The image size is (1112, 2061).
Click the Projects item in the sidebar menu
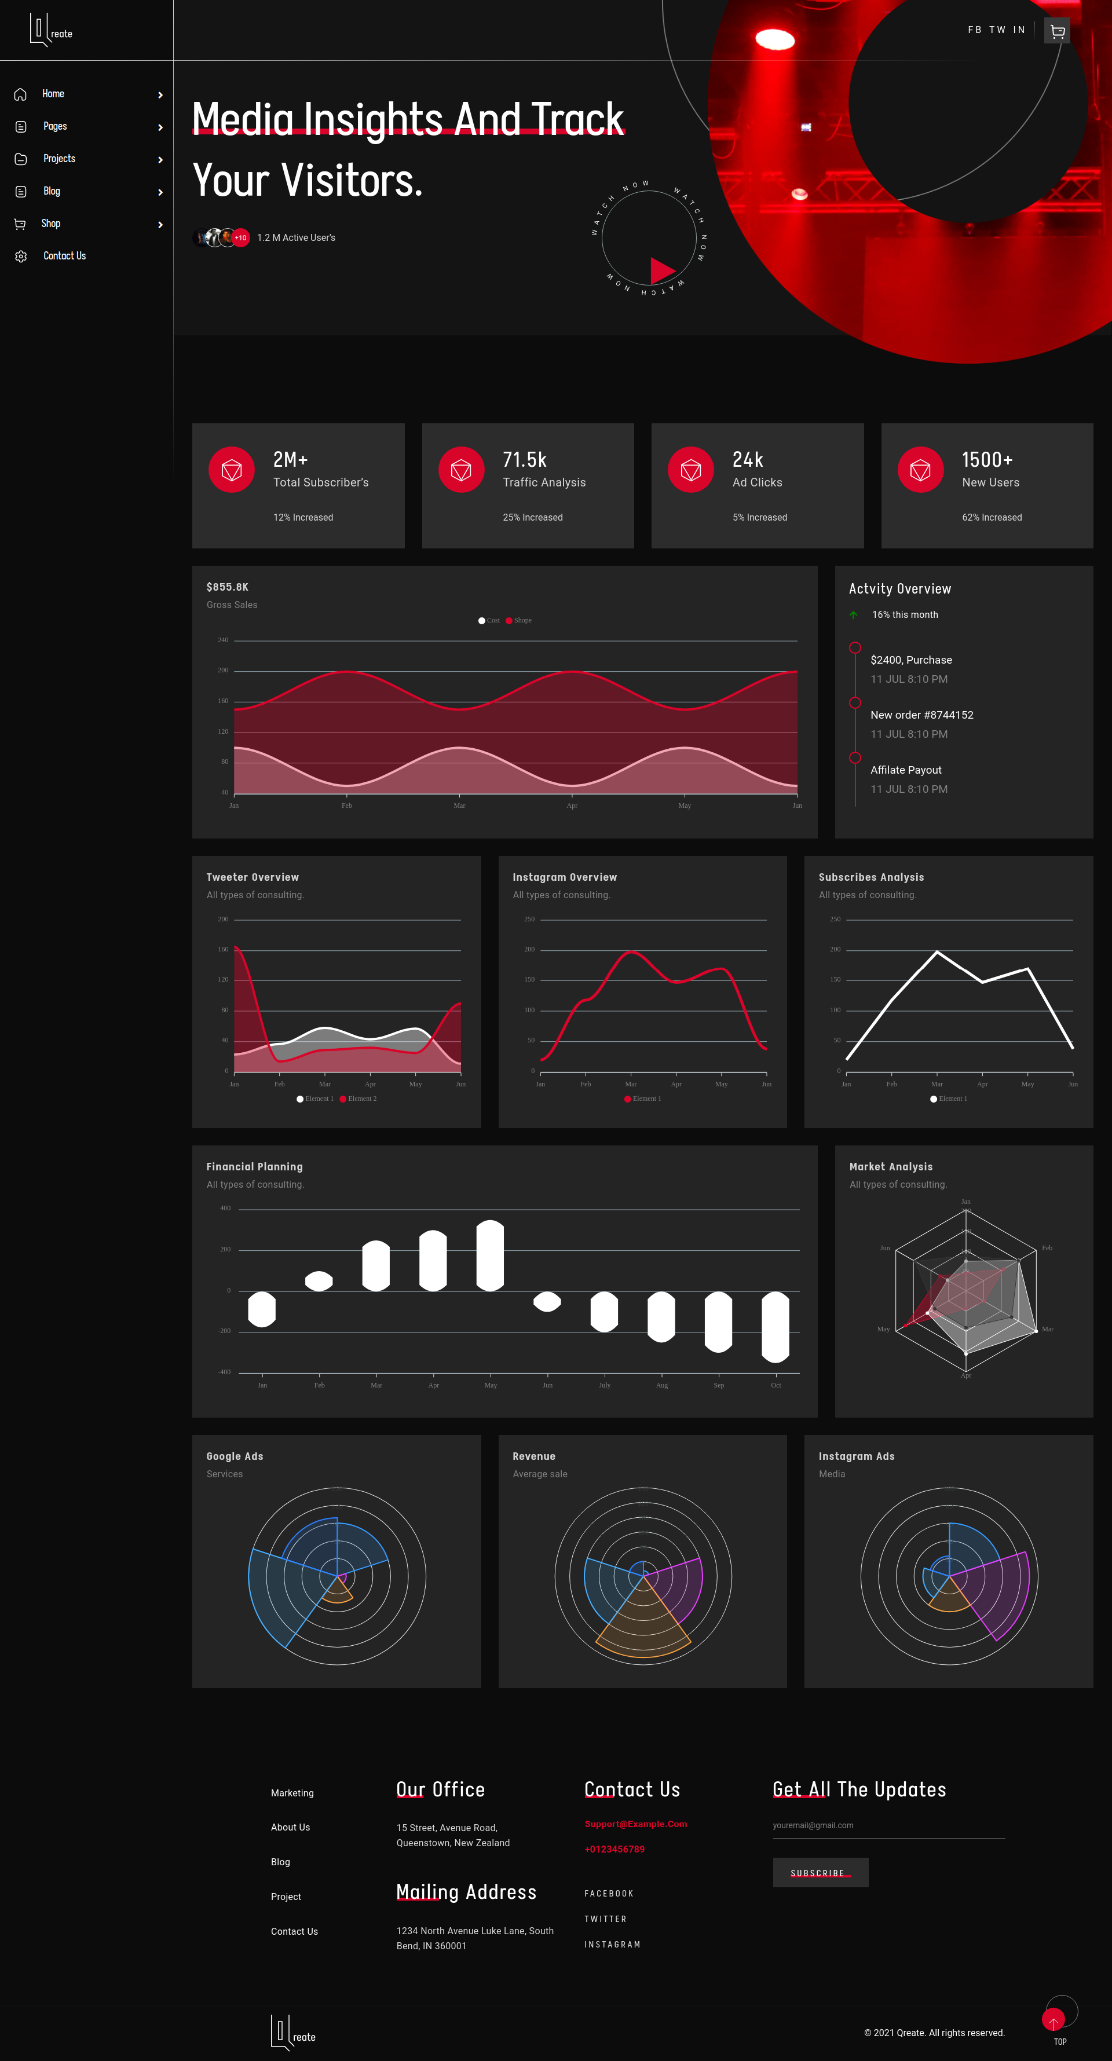pyautogui.click(x=59, y=159)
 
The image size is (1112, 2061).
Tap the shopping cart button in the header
pyautogui.click(x=1057, y=31)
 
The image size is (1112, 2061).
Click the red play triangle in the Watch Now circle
pyautogui.click(x=661, y=270)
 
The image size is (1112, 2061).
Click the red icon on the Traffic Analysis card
pyautogui.click(x=461, y=470)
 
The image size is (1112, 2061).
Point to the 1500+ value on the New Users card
pyautogui.click(x=986, y=460)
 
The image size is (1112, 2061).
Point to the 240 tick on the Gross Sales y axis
pyautogui.click(x=222, y=640)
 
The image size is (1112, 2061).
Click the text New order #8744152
pyautogui.click(x=921, y=715)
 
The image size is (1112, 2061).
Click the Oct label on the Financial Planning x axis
pyautogui.click(x=775, y=1386)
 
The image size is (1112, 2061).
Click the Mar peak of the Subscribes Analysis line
pyautogui.click(x=937, y=952)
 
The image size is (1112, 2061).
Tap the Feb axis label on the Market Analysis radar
pyautogui.click(x=1047, y=1248)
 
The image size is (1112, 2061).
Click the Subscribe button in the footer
pyautogui.click(x=820, y=1873)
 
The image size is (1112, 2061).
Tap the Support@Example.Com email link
pyautogui.click(x=635, y=1824)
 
